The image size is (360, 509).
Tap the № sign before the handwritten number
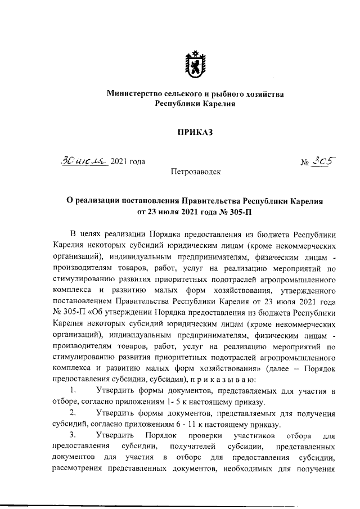[307, 163]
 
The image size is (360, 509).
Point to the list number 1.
[71, 390]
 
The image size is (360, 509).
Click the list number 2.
[72, 412]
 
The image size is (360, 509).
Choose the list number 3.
[72, 435]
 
